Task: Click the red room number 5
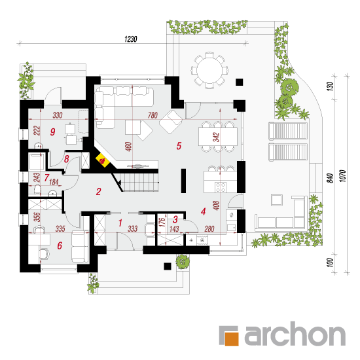tap(179, 146)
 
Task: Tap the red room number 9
tap(52, 132)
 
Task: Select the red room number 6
tap(60, 245)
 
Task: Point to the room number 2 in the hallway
tap(98, 192)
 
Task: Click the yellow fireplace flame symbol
tap(103, 160)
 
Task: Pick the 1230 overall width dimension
tap(131, 39)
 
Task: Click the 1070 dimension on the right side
tap(342, 176)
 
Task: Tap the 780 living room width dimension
tap(153, 115)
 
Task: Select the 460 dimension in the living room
tap(128, 147)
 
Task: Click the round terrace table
tap(209, 70)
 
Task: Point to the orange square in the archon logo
tap(232, 339)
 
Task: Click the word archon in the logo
tap(295, 334)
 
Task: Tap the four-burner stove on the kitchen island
tap(221, 187)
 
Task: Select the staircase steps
tap(139, 183)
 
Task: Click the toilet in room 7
tap(38, 190)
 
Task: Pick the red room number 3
tap(175, 219)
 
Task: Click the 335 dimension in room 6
tap(60, 228)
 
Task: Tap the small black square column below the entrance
tap(168, 266)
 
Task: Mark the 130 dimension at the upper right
tap(330, 86)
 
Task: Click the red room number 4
tap(203, 211)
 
